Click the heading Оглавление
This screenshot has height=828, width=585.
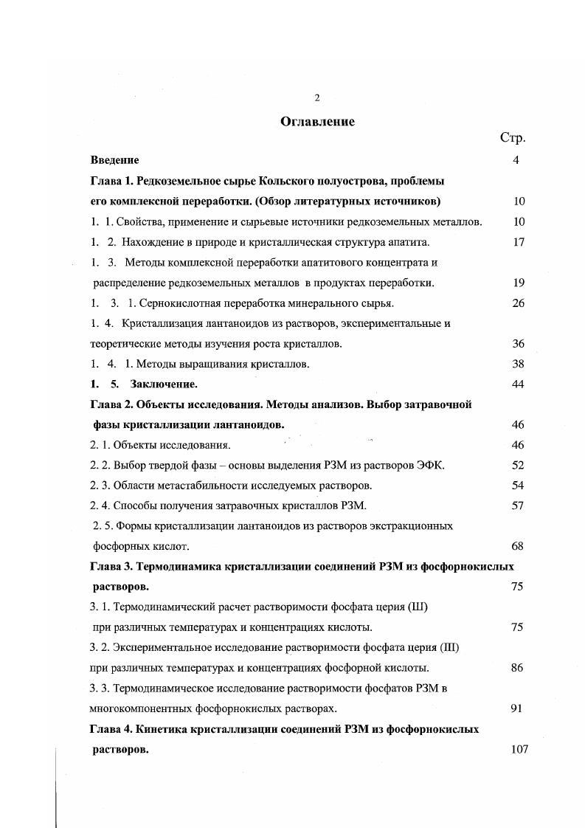[317, 122]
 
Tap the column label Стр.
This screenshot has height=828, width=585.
[512, 138]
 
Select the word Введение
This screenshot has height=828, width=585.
[114, 159]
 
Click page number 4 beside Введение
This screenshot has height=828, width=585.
[516, 159]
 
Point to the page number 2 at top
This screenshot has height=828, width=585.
[316, 97]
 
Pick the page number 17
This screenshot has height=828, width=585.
[517, 241]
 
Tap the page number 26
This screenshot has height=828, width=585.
[517, 303]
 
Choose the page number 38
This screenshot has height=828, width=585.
[517, 364]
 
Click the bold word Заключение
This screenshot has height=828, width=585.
[164, 384]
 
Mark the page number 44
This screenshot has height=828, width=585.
[517, 384]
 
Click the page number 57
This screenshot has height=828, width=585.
[517, 506]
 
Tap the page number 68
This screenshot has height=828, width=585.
[517, 546]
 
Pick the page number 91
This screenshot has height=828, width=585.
[516, 708]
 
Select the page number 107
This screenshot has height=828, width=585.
[519, 749]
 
